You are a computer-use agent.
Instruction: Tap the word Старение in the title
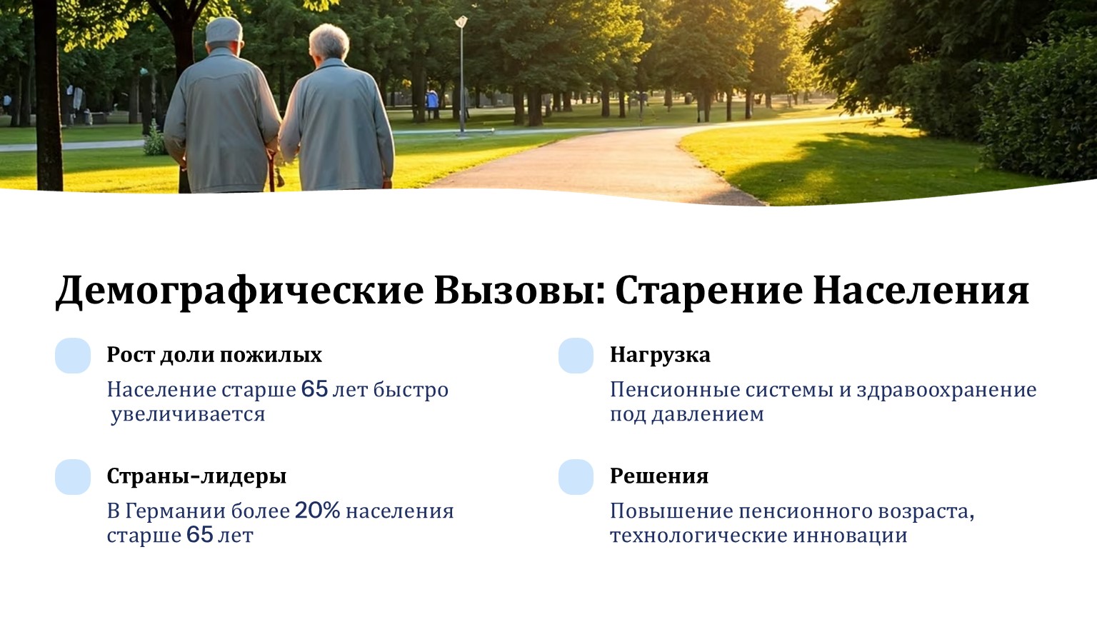708,291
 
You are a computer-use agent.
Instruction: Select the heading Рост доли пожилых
214,355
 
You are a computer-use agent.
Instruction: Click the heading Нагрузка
660,355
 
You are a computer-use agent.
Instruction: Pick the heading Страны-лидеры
196,476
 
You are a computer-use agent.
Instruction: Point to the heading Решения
659,476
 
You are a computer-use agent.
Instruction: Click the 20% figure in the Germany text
317,511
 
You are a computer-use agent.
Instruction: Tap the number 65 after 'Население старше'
314,390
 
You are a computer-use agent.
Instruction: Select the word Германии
175,511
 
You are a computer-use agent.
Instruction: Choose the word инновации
850,535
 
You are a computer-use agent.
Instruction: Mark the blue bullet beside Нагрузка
576,356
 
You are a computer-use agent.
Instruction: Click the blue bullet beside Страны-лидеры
73,477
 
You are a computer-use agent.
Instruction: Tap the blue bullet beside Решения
576,477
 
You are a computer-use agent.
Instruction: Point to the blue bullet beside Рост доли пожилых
73,356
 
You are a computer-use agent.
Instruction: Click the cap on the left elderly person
224,30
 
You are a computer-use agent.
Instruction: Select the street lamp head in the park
461,21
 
